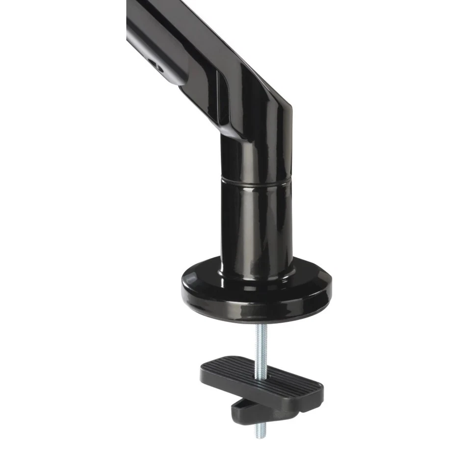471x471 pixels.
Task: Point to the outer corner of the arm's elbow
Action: (290, 105)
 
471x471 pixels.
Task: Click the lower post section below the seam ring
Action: (255, 221)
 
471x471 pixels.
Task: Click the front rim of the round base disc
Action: (255, 307)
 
